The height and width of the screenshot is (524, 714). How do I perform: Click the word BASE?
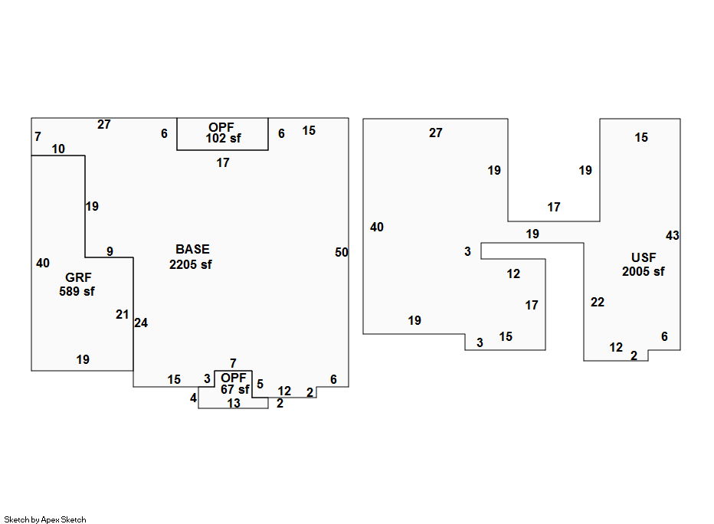192,250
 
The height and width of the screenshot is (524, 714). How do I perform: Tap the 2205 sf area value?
190,264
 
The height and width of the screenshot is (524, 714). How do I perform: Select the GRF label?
78,277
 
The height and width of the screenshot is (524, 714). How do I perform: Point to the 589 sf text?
77,291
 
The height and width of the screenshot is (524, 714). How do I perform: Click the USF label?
644,257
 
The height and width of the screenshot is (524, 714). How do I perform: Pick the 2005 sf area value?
643,272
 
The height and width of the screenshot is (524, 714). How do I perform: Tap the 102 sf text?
223,139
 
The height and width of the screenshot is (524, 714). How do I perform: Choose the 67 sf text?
235,390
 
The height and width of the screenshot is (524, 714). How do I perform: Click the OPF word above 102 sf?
221,127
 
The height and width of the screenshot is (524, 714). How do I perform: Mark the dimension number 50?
342,252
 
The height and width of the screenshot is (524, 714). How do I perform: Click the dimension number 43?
673,235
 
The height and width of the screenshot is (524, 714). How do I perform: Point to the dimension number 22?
598,302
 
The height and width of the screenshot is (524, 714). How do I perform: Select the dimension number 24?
141,323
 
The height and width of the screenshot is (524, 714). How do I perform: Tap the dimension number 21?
122,314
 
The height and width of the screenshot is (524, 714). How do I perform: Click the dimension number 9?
110,251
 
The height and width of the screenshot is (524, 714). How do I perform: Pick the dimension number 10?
58,149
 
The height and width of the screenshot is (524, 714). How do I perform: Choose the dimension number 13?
234,404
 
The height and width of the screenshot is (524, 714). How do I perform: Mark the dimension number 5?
260,384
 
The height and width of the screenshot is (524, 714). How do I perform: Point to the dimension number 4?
194,398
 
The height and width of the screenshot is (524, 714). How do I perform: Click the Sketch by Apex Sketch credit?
45,519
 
